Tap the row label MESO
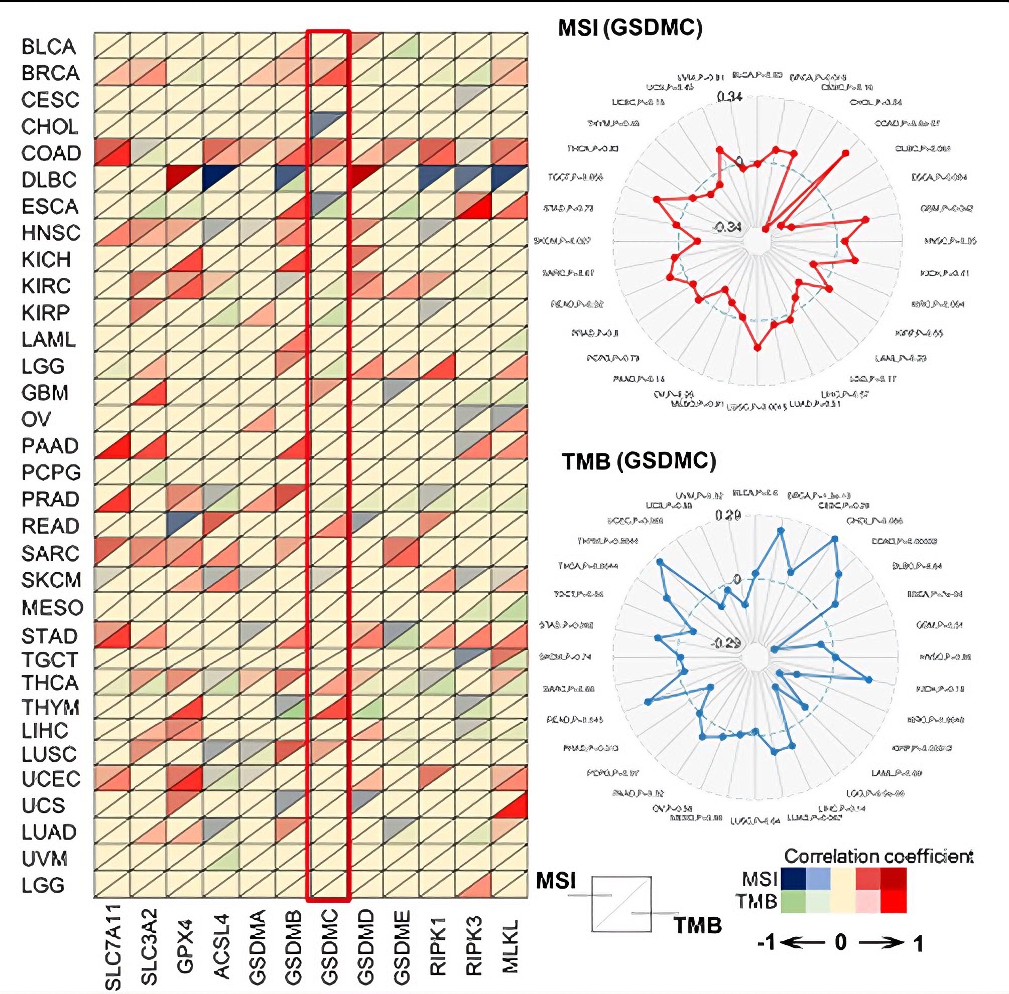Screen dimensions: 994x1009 pos(52,607)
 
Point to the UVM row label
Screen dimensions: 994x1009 pos(45,858)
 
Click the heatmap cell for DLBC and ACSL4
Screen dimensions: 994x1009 pos(220,179)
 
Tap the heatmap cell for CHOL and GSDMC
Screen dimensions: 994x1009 pos(328,125)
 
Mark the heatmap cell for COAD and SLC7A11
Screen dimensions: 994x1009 pos(112,152)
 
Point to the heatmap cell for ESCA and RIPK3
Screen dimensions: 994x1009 pos(473,205)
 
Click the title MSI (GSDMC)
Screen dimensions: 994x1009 pos(630,28)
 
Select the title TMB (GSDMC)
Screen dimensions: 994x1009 pos(638,461)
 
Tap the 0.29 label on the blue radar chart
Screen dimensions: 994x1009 pos(728,515)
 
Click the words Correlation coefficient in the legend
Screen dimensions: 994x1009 pos(878,856)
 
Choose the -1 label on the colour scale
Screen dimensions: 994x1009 pos(766,943)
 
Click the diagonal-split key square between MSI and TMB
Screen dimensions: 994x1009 pos(621,904)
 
